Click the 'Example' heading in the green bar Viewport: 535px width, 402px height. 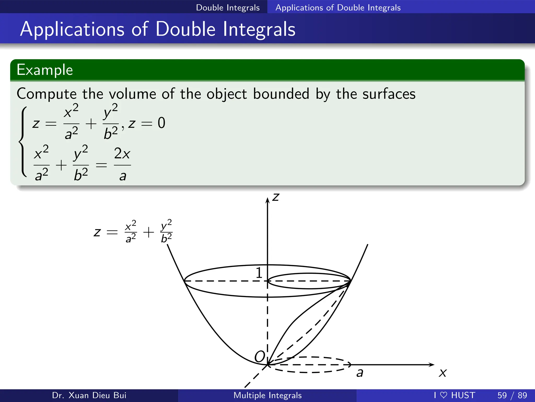[x=45, y=70]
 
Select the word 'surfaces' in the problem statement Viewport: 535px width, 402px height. [x=389, y=94]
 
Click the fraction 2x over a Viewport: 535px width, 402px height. [x=122, y=164]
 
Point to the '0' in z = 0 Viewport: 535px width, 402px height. [x=161, y=123]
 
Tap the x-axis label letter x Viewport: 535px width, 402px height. [x=443, y=373]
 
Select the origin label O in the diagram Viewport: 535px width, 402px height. [x=260, y=356]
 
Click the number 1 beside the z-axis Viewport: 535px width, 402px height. [x=259, y=273]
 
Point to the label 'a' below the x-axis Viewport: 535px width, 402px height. [x=360, y=372]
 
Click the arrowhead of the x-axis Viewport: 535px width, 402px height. [x=432, y=365]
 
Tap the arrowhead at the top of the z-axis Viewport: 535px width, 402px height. [x=267, y=200]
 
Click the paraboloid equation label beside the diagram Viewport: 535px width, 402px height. [x=133, y=232]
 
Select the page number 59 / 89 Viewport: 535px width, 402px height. [x=512, y=395]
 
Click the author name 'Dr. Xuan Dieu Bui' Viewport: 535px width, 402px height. [x=89, y=395]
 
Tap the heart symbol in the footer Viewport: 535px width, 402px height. [x=444, y=395]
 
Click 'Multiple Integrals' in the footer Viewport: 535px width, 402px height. [x=267, y=395]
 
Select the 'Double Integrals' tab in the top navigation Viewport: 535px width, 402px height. [x=228, y=8]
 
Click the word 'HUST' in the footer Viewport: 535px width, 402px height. [x=463, y=395]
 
